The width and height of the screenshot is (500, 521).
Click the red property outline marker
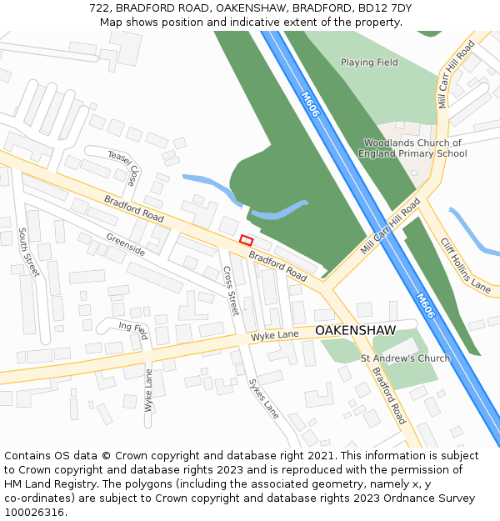[246, 240]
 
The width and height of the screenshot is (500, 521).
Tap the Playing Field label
[369, 63]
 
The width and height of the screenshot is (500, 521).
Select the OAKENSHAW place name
[355, 331]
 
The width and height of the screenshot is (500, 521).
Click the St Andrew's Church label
[405, 358]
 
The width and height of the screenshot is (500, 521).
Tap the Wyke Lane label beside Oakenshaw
[275, 335]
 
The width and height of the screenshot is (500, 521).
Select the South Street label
[28, 253]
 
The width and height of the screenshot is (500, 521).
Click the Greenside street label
[125, 243]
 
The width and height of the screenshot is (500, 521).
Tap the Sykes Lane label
[263, 398]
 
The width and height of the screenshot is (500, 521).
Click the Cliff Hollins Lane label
[465, 264]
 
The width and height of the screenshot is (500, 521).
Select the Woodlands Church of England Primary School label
[412, 148]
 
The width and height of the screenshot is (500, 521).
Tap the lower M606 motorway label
[425, 305]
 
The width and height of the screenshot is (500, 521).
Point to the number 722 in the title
[98, 8]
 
